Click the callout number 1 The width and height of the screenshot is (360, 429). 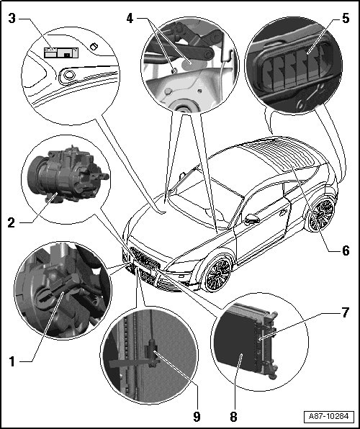coord(12,361)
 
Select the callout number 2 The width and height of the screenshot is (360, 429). coord(12,222)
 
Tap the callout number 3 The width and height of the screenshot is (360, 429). coord(12,18)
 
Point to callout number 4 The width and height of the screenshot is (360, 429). coord(130,18)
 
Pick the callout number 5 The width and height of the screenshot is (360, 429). coord(346,18)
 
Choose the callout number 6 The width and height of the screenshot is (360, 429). coord(346,250)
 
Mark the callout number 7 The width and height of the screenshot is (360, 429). coord(346,312)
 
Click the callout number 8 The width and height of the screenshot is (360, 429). coord(233,417)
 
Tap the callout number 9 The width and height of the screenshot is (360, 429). coord(197,417)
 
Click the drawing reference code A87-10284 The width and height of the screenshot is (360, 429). coord(329,417)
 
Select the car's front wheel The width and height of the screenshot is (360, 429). coord(218,274)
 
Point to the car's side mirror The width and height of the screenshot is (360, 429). coord(253,219)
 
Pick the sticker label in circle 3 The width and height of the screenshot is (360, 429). coord(61,53)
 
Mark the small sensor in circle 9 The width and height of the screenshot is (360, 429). coord(152,353)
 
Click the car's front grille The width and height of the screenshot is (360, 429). coord(145,258)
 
